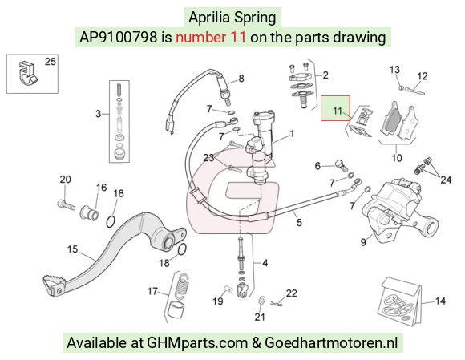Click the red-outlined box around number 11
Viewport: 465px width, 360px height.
321,108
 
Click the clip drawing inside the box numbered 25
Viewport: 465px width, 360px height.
27,73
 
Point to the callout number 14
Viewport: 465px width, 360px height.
440,301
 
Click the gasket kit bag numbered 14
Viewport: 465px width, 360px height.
399,302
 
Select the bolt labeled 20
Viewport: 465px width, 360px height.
66,204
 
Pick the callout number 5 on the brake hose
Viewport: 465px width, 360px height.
299,222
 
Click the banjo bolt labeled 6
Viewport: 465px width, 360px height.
342,165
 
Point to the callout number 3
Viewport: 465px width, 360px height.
98,114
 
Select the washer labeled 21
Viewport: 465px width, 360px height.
262,301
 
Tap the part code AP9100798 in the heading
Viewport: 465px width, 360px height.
118,38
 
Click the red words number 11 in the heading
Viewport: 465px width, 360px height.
211,38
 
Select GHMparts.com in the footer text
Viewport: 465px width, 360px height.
197,343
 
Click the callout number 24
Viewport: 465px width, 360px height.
446,180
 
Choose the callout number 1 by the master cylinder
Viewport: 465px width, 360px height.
292,134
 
